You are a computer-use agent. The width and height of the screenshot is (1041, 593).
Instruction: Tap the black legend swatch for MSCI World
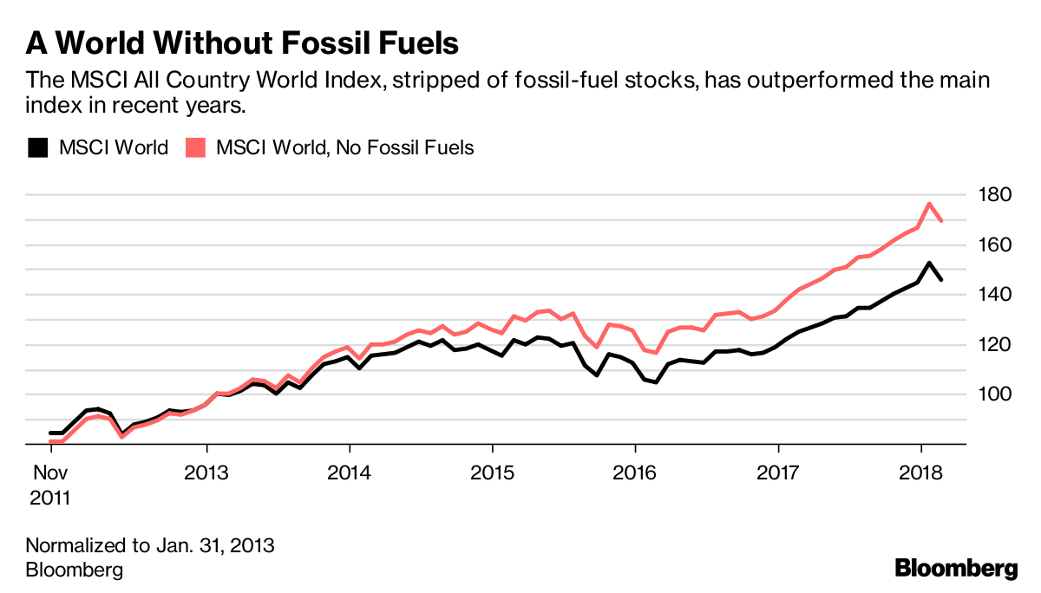pos(37,147)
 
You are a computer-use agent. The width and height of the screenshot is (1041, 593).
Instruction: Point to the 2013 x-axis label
pos(206,473)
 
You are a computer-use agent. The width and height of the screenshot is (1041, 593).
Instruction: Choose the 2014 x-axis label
pos(349,473)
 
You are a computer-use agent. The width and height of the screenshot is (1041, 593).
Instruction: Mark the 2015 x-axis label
pos(492,473)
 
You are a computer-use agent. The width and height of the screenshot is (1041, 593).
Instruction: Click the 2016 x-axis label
pos(635,473)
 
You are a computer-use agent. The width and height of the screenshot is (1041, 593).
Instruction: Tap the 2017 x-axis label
pos(778,473)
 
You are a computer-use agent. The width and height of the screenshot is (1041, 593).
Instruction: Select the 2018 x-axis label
pos(920,473)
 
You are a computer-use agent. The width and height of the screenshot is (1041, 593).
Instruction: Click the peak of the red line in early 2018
pos(929,204)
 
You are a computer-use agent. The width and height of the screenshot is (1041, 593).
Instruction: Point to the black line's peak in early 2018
pos(929,263)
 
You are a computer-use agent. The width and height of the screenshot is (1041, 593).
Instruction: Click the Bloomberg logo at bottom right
pos(956,569)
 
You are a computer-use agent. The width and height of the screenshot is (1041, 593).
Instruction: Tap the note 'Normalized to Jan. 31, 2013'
pos(150,546)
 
